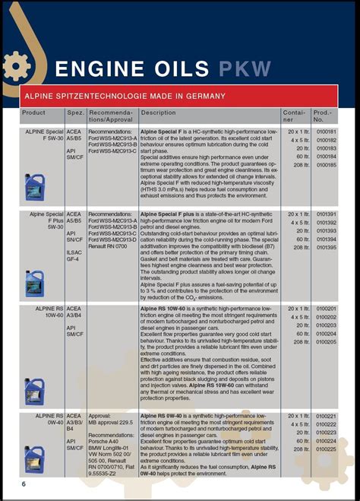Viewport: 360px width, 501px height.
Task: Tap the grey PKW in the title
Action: [245, 69]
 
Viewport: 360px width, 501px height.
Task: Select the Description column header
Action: [158, 113]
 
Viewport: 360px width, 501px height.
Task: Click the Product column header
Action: [34, 113]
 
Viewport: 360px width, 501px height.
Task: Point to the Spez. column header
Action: [75, 113]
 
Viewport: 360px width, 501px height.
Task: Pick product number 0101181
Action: [325, 132]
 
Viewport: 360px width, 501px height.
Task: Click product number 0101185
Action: [325, 165]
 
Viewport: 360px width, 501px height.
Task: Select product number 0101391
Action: [325, 214]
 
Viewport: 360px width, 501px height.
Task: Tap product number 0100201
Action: [325, 308]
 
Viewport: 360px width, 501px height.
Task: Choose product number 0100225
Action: [325, 449]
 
